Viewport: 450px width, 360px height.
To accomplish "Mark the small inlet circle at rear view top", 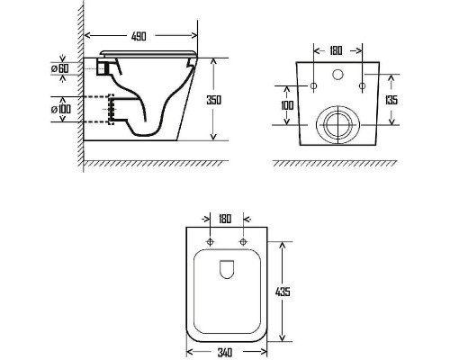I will (x=337, y=71).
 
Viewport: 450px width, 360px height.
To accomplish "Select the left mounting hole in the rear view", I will (x=314, y=86).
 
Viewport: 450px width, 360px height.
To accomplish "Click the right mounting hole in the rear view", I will (x=361, y=86).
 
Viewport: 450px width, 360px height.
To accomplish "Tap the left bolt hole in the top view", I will (x=211, y=244).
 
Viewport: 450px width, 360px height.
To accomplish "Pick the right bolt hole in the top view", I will (x=243, y=244).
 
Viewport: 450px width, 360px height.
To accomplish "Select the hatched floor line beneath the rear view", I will (x=337, y=164).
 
